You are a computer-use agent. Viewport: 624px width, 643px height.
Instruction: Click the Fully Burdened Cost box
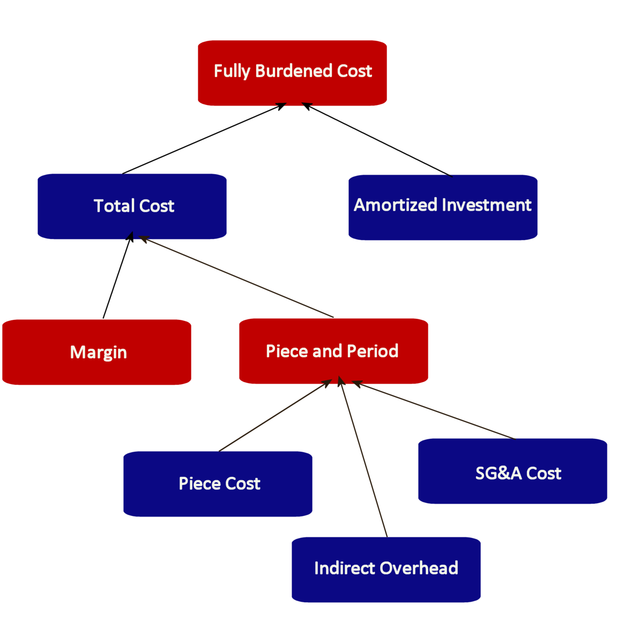(x=292, y=73)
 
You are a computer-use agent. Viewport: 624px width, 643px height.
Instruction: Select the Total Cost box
(x=132, y=206)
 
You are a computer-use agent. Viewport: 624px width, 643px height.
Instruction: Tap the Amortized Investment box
(x=443, y=207)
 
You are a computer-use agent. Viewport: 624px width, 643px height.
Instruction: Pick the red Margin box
(x=96, y=352)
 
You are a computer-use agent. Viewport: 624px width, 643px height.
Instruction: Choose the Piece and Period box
(x=333, y=351)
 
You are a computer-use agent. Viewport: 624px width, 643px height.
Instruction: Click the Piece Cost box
(x=218, y=484)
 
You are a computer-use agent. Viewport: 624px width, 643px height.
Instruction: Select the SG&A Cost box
(x=512, y=471)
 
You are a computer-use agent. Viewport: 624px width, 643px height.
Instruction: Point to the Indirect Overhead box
(x=386, y=570)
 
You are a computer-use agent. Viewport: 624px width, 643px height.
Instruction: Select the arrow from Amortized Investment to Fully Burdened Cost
(x=378, y=140)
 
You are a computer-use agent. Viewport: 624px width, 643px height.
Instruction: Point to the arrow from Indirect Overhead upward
(x=363, y=458)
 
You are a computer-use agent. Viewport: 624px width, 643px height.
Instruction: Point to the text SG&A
(x=498, y=473)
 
